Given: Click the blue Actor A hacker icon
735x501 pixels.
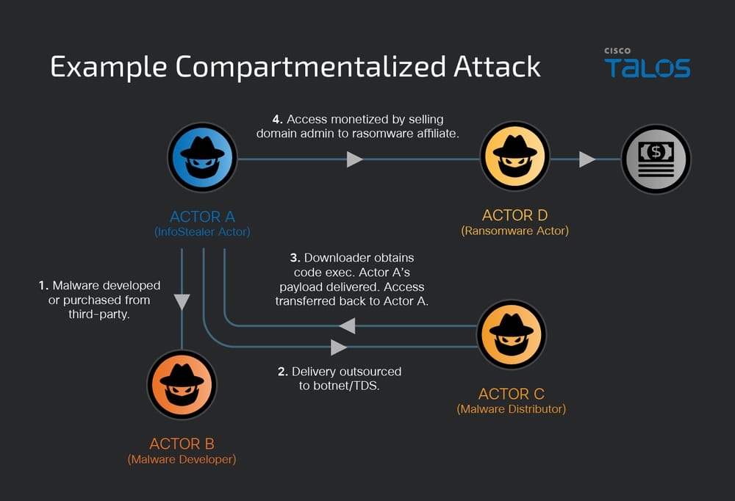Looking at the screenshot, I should coord(201,157).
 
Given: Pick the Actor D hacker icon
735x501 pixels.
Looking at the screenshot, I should coord(514,156).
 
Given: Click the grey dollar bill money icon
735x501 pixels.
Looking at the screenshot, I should coord(656,159).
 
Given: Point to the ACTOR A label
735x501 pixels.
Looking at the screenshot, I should coord(202,217).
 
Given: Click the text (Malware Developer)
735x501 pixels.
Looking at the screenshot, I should coord(182,460).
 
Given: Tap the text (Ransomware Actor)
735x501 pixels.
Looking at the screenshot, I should coord(514,231).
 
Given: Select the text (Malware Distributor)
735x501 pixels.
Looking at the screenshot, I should coord(511,409).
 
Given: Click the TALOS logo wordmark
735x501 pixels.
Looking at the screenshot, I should coord(647,68).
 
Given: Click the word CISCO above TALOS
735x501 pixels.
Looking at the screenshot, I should coord(618,51).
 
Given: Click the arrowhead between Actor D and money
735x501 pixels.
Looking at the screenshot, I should coord(587,159).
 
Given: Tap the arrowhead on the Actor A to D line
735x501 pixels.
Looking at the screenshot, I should coord(355,159).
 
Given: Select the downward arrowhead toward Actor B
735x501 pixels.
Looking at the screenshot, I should coord(182,301).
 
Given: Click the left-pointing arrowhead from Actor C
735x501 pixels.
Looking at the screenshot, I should coord(347,325).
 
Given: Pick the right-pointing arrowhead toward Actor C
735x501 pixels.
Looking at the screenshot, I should coord(339,347).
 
